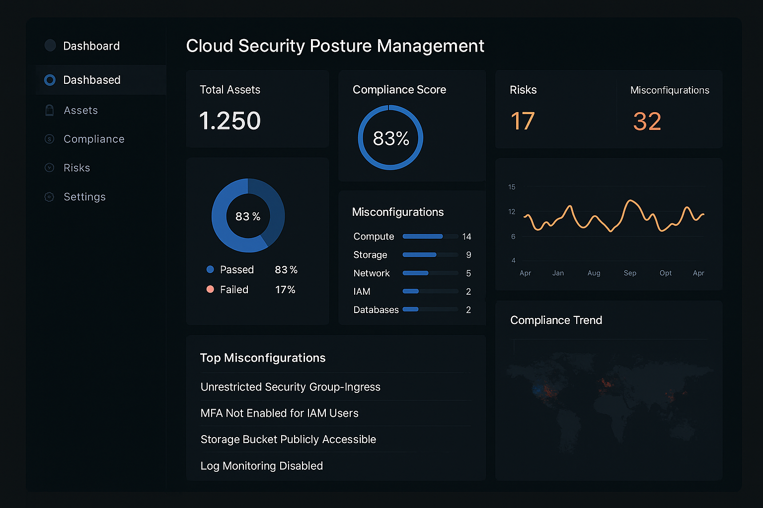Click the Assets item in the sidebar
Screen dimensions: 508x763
pos(80,110)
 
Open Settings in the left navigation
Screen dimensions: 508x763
pos(84,197)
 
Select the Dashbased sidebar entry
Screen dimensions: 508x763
pos(91,80)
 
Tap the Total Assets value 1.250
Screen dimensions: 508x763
pos(230,121)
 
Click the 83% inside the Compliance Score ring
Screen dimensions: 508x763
pos(391,138)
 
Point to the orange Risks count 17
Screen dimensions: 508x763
pos(523,121)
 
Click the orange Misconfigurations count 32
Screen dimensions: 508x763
pos(647,122)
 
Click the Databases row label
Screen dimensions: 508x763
pos(376,310)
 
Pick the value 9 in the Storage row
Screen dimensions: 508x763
pos(468,255)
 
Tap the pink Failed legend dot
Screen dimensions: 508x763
pos(210,289)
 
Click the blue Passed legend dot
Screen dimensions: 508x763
pos(210,269)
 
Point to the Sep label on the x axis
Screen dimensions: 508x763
pos(630,273)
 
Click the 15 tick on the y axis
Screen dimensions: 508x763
pos(512,187)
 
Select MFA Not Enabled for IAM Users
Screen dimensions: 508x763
pos(279,413)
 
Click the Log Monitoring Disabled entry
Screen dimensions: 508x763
pos(262,466)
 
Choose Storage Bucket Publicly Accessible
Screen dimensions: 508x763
pos(288,440)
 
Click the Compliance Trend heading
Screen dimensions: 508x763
pos(556,320)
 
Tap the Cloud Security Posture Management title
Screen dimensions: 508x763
pos(335,46)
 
